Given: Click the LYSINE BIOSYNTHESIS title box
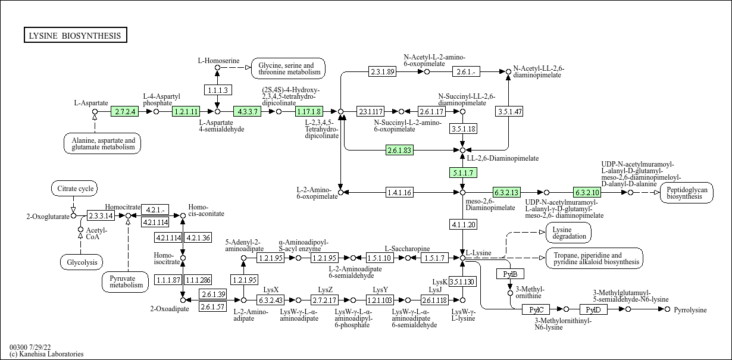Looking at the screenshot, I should coord(75,36).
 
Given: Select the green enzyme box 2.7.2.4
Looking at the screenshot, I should coord(125,111).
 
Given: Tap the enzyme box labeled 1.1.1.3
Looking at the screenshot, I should coord(217,90).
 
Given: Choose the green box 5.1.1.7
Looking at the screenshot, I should coord(462,173).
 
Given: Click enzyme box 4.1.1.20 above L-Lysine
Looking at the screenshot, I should coord(462,224).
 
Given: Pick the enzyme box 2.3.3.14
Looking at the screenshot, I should coord(101,215).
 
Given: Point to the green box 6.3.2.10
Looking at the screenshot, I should coord(587,192).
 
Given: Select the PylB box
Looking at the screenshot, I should coord(510,274).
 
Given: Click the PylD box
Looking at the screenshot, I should coord(593,309).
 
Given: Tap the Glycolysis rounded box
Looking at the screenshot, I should coord(82,262).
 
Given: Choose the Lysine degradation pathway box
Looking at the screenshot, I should coord(568,233).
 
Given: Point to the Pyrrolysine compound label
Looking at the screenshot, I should coord(690,310).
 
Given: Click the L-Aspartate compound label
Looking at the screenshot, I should coord(91,103).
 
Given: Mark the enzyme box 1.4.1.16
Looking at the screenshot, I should coord(399,192).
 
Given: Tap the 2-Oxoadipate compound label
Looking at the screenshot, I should coord(170,309).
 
